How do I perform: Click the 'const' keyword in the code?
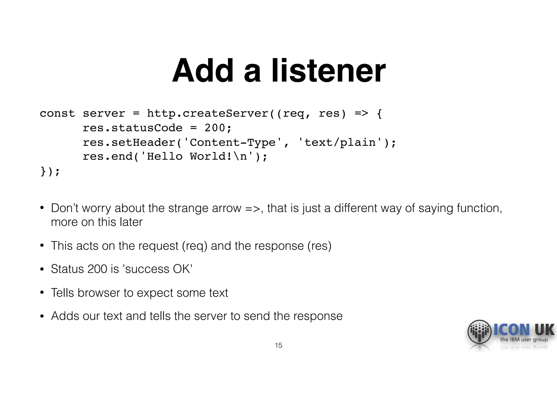(57, 113)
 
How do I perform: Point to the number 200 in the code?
(215, 128)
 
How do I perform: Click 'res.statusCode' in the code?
(132, 128)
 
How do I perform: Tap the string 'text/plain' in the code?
(340, 143)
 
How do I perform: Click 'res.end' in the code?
(107, 157)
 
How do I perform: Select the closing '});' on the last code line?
(50, 171)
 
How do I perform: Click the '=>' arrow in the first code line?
(361, 113)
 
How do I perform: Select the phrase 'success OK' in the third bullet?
(158, 269)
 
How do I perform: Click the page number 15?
(278, 346)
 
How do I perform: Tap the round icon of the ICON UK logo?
(479, 332)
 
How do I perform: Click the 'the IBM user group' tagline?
(524, 340)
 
